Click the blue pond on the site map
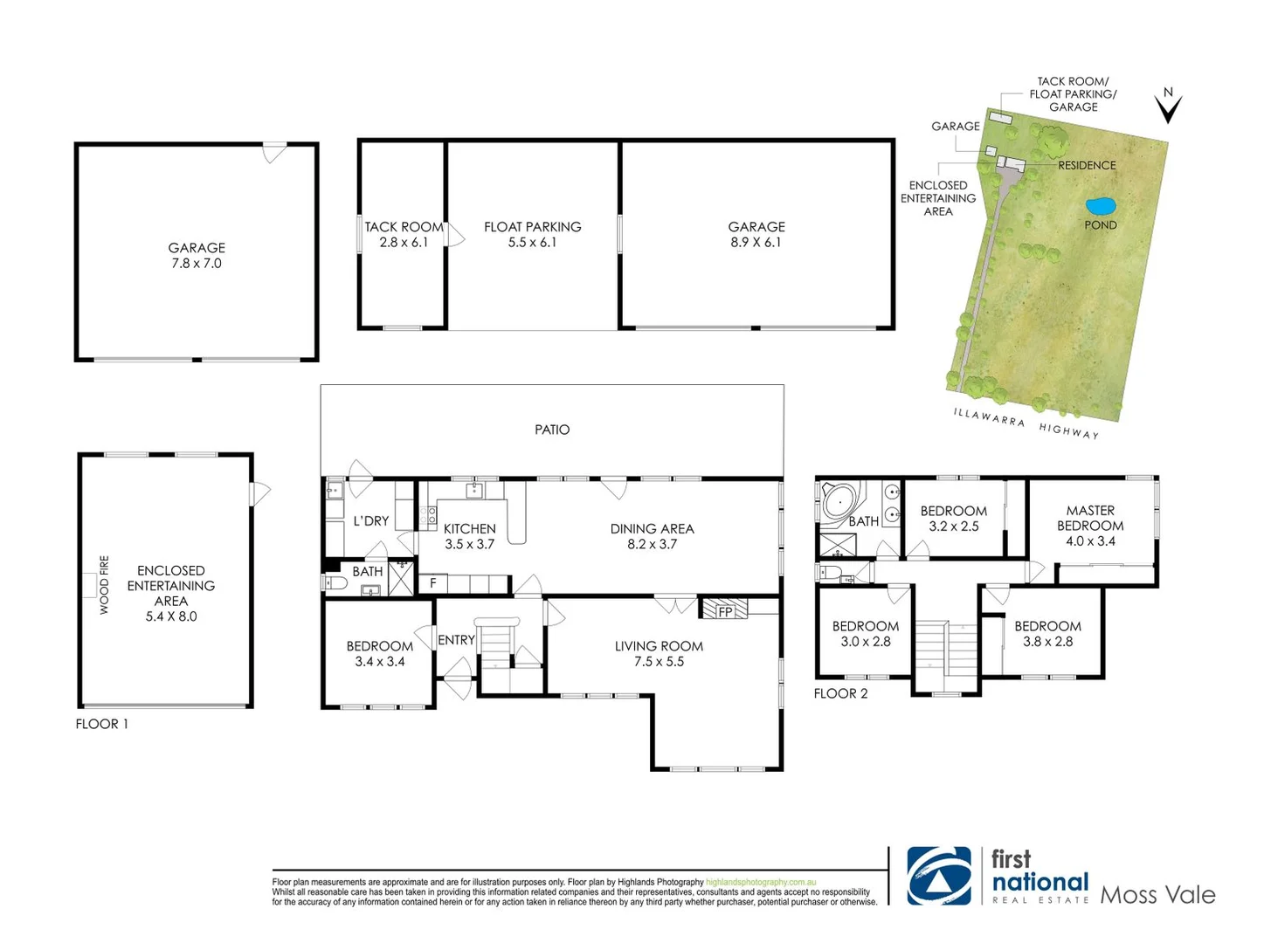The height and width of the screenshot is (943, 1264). click(1100, 207)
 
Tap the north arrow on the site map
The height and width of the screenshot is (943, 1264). click(1168, 107)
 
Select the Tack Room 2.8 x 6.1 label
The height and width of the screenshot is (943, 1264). click(404, 235)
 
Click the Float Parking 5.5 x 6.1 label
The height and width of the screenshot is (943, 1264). click(532, 235)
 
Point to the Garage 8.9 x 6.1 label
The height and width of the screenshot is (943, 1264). click(756, 235)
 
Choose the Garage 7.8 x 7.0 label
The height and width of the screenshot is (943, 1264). click(197, 256)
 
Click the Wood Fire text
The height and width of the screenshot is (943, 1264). click(104, 585)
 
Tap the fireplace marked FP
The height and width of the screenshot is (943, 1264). click(724, 611)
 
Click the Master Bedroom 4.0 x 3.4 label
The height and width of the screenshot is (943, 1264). click(1090, 526)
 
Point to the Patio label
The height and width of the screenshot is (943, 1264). click(552, 430)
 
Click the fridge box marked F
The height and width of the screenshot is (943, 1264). click(432, 583)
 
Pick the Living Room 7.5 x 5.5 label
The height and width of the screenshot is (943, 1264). click(659, 654)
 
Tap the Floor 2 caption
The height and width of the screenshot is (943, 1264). click(840, 693)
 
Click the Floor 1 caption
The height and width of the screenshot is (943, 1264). click(101, 724)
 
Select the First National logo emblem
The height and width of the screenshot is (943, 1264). click(938, 876)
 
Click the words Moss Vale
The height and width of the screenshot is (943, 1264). click(1157, 895)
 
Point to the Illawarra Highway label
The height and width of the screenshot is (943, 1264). click(1026, 423)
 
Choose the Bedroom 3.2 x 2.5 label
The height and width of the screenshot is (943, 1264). click(953, 519)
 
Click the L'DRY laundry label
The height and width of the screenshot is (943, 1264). click(370, 521)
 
